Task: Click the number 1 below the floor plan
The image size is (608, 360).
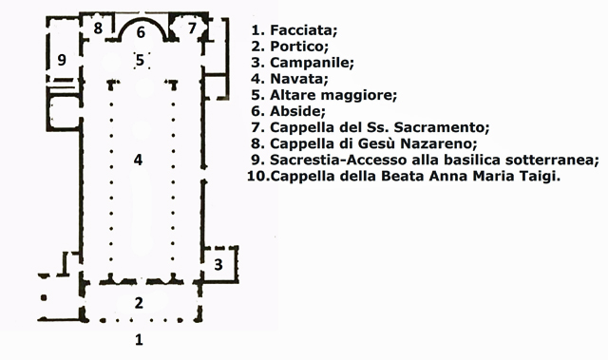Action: coord(139,339)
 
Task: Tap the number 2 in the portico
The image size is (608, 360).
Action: coord(139,303)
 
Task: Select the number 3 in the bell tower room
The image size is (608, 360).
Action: coord(218,264)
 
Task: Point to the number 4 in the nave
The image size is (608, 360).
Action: coord(138,160)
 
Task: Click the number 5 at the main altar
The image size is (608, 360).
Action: coord(140,60)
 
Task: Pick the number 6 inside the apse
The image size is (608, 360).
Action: coord(141,32)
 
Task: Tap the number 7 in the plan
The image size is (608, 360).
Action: coord(192,28)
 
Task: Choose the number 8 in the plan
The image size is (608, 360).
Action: coord(98,28)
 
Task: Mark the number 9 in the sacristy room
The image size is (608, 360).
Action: coord(62,60)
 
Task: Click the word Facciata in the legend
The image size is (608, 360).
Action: coord(304,29)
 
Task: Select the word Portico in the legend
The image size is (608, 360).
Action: coord(299,47)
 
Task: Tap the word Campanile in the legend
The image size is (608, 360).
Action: coord(312,63)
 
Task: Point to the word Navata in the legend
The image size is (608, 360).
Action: coord(299,79)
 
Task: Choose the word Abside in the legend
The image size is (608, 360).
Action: coord(297,111)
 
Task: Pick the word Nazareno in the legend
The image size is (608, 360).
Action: coord(438,143)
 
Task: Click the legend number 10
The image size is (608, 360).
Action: coord(257,177)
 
